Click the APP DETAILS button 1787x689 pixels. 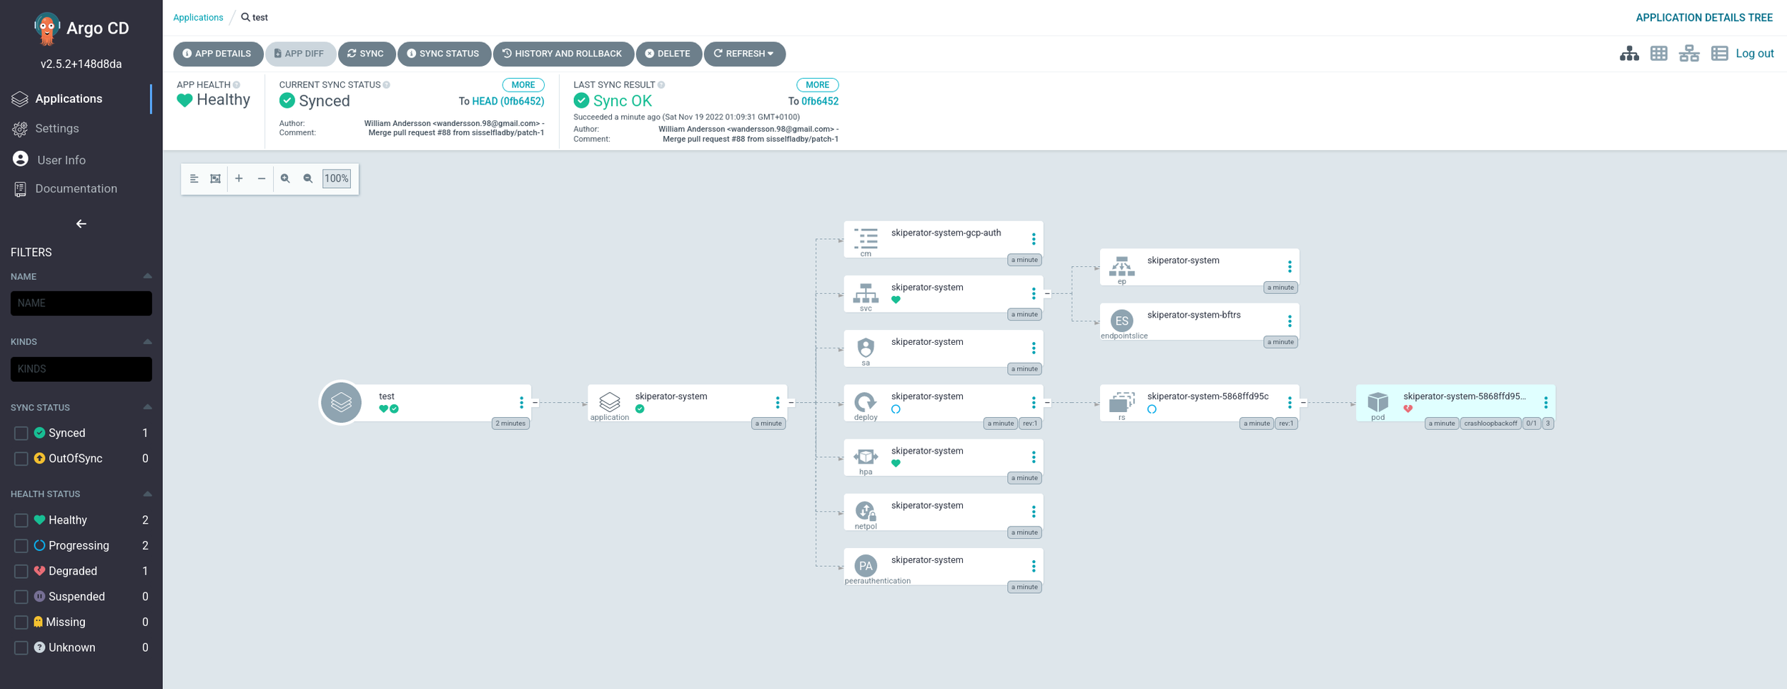tap(217, 54)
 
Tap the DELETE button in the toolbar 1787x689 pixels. tap(668, 54)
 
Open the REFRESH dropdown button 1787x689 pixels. tap(744, 54)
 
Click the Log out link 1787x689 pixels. tap(1754, 54)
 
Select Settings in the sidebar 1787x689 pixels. tap(56, 129)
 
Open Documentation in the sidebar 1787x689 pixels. tap(76, 189)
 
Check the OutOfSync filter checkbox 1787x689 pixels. tap(21, 459)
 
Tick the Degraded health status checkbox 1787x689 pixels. tap(21, 571)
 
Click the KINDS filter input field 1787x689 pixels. tap(81, 369)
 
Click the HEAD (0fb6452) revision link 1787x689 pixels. tap(508, 102)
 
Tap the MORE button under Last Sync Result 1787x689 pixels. tap(817, 85)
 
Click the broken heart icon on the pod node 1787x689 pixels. tap(1407, 409)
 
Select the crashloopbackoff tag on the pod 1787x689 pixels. tap(1490, 424)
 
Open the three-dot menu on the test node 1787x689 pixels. tap(521, 403)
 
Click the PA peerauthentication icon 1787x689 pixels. tap(866, 566)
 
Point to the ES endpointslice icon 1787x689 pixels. tap(1122, 321)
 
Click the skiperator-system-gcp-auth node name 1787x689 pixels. tap(946, 233)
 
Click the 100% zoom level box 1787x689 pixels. tap(337, 179)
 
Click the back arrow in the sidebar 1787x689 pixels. tap(81, 224)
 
